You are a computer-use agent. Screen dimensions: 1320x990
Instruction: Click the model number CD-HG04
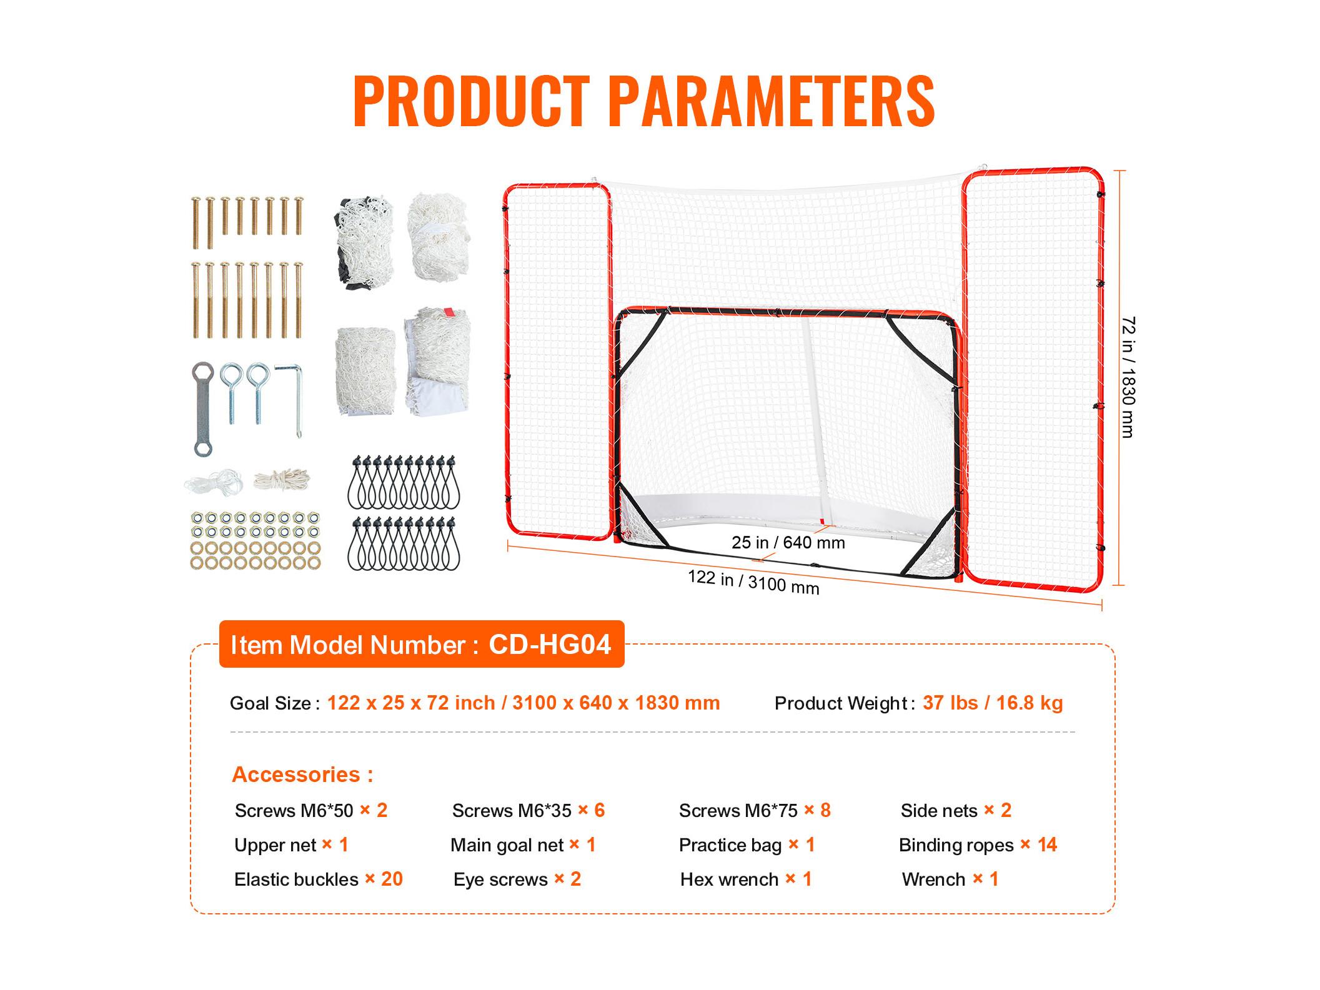(550, 644)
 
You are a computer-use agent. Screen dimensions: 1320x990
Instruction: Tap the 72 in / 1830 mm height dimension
(1128, 377)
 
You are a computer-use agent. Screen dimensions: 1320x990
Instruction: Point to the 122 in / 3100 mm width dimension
(753, 582)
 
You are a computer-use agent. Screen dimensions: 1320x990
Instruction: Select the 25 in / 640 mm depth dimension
(788, 542)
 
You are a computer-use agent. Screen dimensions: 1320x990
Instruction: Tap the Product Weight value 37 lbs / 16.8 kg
(993, 703)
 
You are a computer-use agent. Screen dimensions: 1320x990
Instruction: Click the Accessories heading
(302, 775)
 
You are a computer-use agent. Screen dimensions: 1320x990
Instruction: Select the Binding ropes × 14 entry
(978, 845)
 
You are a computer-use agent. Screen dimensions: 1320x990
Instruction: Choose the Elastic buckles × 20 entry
(319, 879)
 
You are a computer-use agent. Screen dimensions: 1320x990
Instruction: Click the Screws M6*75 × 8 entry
(755, 811)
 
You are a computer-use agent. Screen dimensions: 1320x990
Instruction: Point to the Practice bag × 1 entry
(747, 845)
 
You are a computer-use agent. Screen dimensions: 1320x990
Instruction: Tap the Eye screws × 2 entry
(517, 879)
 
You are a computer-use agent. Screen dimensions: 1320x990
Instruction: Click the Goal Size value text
(524, 703)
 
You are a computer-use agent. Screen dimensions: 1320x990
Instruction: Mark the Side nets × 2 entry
(956, 811)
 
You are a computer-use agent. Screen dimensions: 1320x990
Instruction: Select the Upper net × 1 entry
(291, 845)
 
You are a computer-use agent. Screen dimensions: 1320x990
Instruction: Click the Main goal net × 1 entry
(524, 845)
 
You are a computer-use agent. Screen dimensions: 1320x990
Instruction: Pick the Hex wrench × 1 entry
(746, 879)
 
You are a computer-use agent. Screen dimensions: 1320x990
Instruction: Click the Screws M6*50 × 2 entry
(311, 811)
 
